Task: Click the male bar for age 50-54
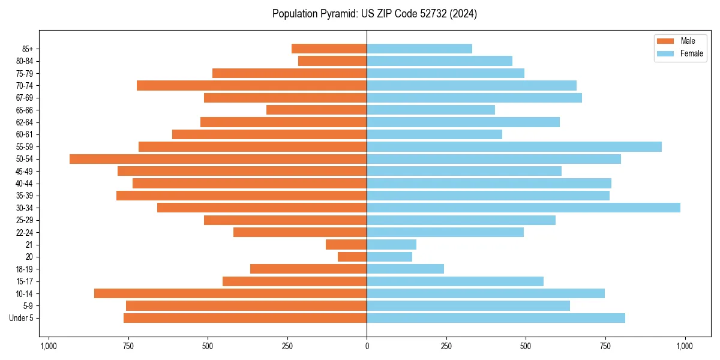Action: pos(218,159)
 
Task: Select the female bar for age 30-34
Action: pos(523,208)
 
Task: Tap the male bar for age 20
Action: pos(352,257)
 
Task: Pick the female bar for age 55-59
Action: pos(514,146)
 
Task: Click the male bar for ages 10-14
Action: pos(230,293)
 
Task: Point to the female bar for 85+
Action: pos(419,49)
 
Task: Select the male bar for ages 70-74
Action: pos(251,85)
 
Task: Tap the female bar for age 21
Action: pos(391,244)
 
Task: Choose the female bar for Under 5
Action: pos(496,318)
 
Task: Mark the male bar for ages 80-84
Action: pos(332,61)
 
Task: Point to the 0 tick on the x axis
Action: pos(367,346)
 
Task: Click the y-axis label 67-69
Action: pos(25,98)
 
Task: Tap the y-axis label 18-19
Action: pos(25,269)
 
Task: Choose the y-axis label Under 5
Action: pos(22,318)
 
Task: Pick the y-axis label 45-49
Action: pos(25,171)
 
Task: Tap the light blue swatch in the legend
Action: pos(665,53)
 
